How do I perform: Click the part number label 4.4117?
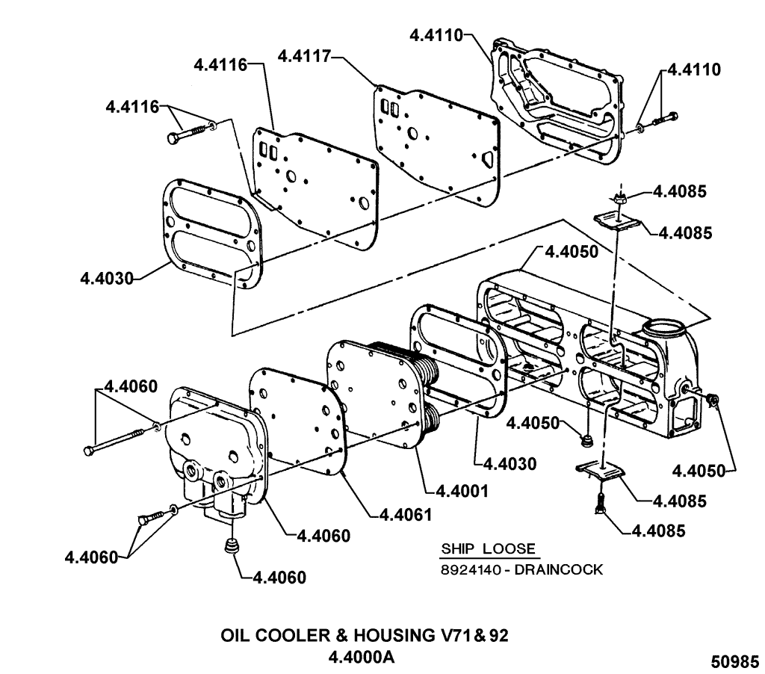coord(302,56)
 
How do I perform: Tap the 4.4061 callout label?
coord(407,514)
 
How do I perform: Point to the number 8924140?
coord(468,569)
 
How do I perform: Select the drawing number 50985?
coord(734,661)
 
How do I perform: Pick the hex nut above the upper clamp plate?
coord(618,198)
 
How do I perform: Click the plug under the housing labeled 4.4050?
coord(588,436)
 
